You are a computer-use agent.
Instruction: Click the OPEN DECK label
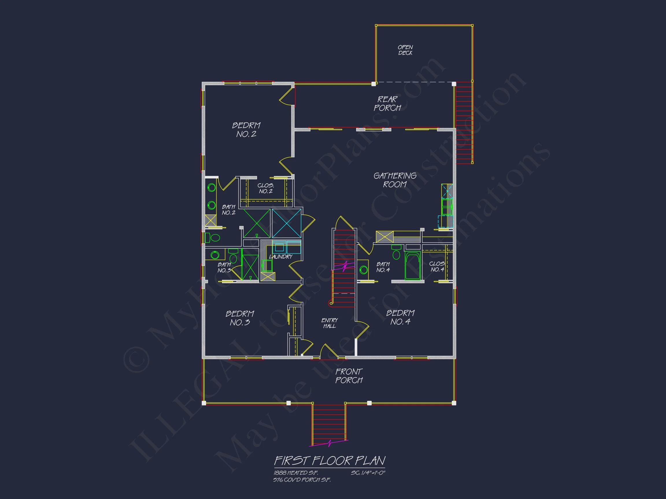(405, 50)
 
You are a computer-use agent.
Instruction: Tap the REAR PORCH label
(388, 103)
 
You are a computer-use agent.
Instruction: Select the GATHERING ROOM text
(395, 180)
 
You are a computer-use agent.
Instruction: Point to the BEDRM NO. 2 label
(246, 130)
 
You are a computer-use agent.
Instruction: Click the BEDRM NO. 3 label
(240, 318)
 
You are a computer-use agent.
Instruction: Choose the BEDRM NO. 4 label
(400, 317)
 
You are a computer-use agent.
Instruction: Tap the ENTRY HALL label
(330, 323)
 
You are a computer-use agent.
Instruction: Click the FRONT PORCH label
(349, 376)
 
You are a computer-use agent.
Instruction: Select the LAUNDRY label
(281, 256)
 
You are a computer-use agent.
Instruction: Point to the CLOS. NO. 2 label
(266, 188)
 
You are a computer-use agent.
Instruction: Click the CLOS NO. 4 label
(437, 267)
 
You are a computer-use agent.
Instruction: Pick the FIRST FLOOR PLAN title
(330, 461)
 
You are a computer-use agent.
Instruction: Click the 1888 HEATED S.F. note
(296, 473)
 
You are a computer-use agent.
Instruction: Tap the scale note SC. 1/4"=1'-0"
(368, 473)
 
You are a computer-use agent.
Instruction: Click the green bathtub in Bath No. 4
(412, 266)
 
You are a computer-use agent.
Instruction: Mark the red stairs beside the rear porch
(464, 123)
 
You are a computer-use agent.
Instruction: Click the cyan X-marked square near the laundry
(286, 224)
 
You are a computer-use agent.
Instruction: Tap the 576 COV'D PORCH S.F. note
(302, 480)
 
